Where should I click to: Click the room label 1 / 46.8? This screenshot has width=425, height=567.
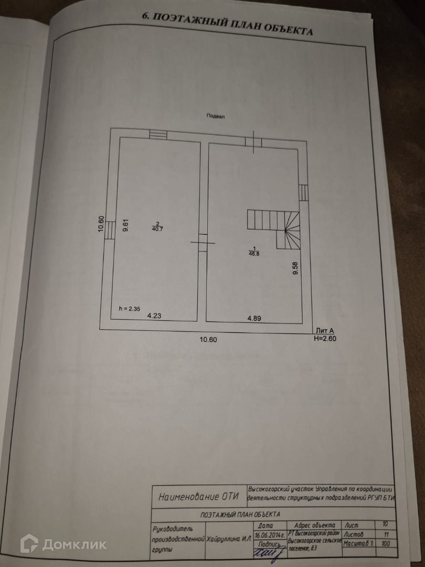click(254, 250)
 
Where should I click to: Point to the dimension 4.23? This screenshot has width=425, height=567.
click(154, 316)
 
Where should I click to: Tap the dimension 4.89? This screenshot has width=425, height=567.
click(254, 318)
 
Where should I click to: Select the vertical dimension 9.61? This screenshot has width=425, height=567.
click(125, 225)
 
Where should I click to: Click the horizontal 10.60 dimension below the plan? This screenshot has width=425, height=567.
click(208, 339)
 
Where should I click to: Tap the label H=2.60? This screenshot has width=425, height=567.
click(325, 338)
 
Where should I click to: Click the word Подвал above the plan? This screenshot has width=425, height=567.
click(215, 117)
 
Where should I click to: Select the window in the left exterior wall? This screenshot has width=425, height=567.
click(109, 230)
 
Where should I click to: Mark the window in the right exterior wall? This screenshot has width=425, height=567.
click(303, 192)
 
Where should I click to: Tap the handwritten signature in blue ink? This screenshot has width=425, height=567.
click(268, 551)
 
